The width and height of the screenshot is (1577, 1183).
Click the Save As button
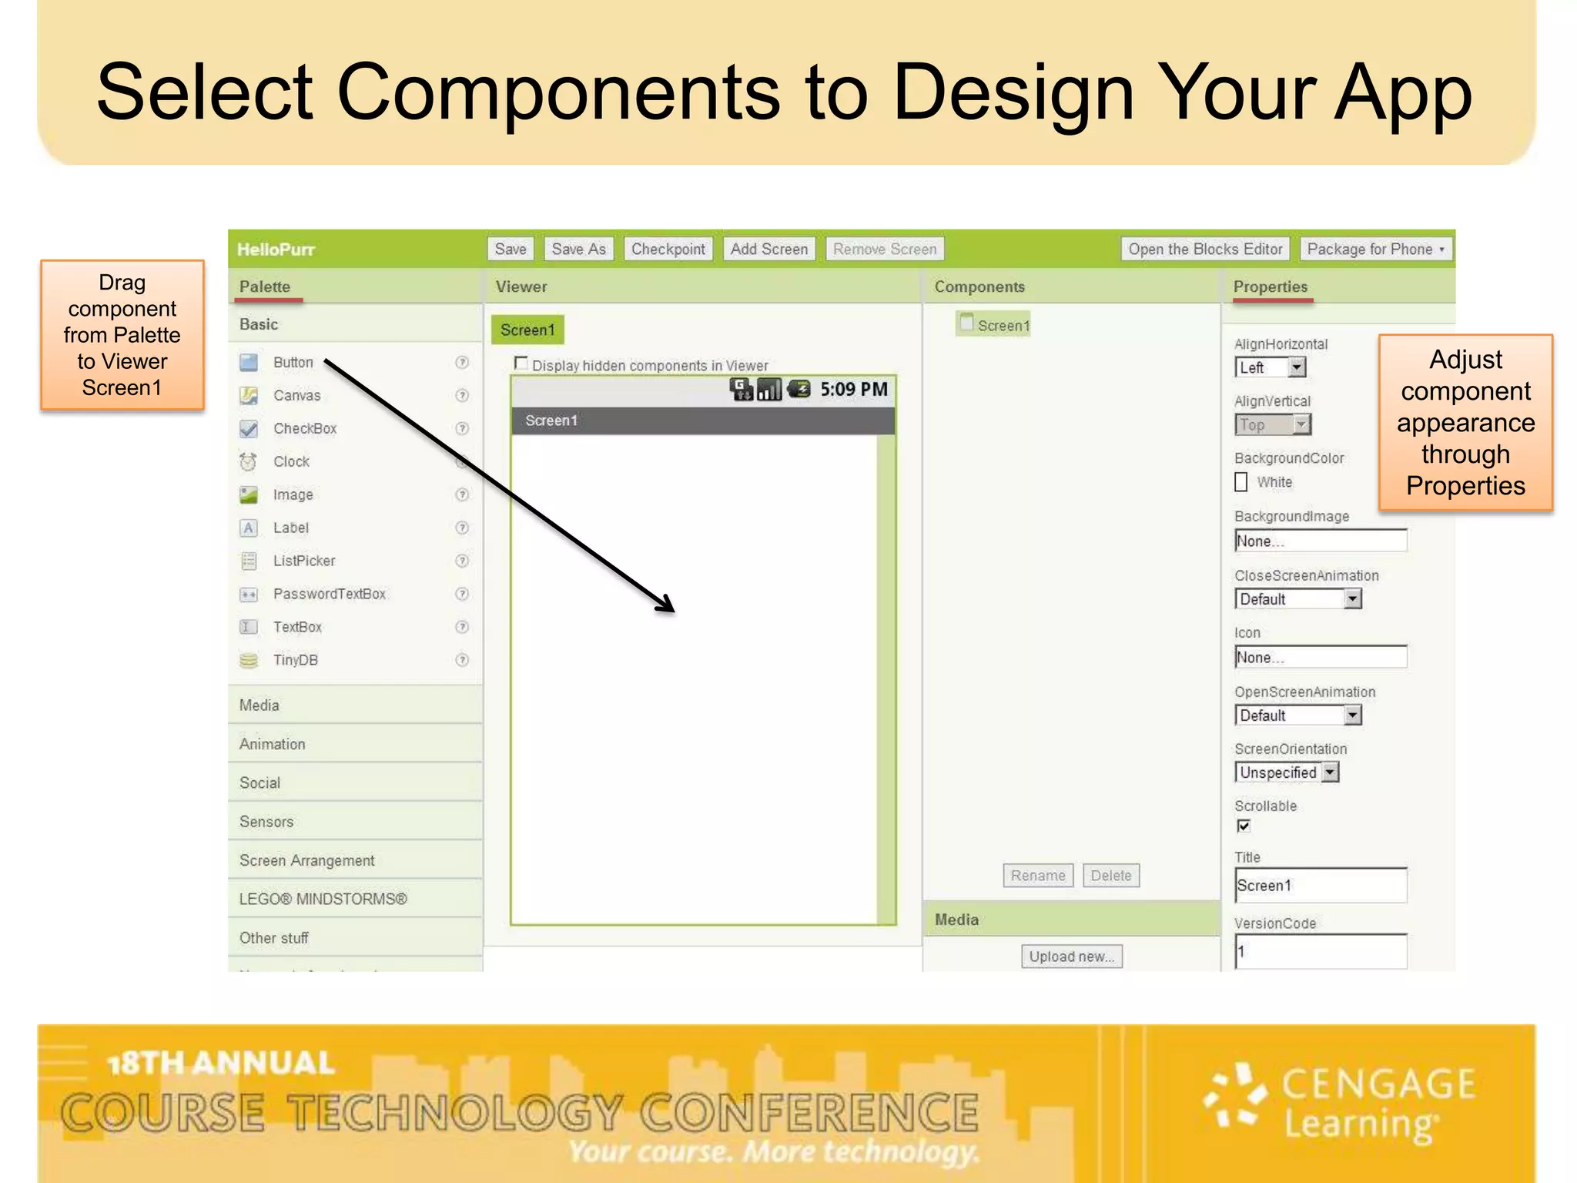[578, 250]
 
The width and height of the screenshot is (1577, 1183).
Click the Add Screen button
[768, 250]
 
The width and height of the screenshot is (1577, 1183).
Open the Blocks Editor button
[1205, 250]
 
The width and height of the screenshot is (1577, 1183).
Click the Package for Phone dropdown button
[1375, 250]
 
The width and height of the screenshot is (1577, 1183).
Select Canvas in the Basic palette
[296, 396]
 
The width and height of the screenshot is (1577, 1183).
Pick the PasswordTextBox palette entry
[329, 595]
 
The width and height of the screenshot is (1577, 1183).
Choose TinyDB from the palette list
[295, 661]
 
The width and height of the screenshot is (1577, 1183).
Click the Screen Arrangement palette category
[306, 861]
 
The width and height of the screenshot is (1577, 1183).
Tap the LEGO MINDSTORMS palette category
[323, 900]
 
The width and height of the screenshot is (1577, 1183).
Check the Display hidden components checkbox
[521, 364]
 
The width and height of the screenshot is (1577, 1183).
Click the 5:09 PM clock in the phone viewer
[853, 390]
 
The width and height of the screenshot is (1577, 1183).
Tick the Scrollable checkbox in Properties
[1244, 826]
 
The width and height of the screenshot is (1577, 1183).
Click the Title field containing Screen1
[1320, 886]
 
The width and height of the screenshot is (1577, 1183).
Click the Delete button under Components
[1110, 876]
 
